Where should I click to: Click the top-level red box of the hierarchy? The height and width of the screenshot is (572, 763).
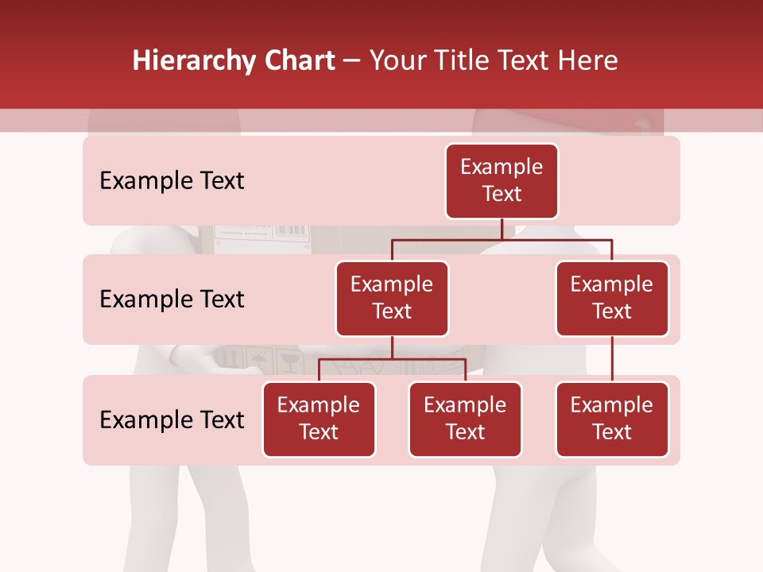[x=502, y=181]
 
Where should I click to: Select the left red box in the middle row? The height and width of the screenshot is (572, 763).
[x=392, y=299]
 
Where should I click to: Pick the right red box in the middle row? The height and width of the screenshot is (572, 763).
[x=612, y=299]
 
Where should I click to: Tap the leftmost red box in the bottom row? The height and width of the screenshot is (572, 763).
[x=319, y=419]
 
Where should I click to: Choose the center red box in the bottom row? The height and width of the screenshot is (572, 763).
[x=465, y=419]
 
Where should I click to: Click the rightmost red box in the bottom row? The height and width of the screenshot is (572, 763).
[x=612, y=419]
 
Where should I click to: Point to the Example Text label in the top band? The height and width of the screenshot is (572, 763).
[x=172, y=181]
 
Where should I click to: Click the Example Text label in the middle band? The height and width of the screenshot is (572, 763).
[x=172, y=300]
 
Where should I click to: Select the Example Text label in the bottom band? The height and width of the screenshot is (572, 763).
[x=172, y=419]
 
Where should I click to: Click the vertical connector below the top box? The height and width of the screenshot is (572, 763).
[x=502, y=229]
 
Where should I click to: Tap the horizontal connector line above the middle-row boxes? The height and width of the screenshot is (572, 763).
[x=502, y=239]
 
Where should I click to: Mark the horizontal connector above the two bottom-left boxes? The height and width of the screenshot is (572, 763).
[x=392, y=359]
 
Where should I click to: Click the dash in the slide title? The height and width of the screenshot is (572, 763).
[x=351, y=62]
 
